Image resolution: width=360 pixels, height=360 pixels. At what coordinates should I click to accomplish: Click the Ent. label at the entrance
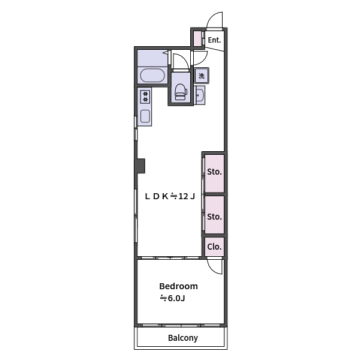click(x=214, y=40)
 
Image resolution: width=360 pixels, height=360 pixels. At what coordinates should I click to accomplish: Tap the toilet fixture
click(x=180, y=91)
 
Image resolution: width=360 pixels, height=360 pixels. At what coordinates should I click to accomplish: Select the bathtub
click(x=152, y=76)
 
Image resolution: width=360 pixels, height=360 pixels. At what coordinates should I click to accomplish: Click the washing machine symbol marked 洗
click(x=202, y=75)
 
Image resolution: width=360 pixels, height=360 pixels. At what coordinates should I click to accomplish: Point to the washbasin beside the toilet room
click(x=200, y=95)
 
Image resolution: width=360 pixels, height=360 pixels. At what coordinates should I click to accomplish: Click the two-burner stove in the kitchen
click(x=145, y=96)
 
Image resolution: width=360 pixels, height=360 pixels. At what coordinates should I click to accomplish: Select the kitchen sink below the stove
click(x=145, y=115)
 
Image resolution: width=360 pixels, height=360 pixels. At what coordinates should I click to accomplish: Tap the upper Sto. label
click(x=214, y=172)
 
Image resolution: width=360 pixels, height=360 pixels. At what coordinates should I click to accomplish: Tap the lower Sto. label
click(x=214, y=216)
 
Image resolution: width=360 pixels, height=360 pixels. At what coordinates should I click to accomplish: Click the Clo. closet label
click(x=214, y=246)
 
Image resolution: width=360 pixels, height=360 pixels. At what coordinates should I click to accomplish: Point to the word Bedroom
click(x=178, y=286)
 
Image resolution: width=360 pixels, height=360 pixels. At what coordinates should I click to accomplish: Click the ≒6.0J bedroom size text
click(x=172, y=298)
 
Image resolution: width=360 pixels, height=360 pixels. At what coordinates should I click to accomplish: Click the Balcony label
click(x=182, y=338)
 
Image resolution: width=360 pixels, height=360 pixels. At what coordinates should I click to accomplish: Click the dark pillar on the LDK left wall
click(x=140, y=165)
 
